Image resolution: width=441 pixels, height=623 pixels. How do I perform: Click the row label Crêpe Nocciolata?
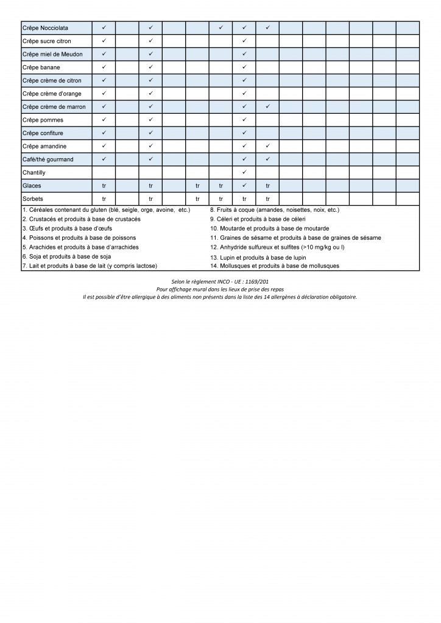[45, 28]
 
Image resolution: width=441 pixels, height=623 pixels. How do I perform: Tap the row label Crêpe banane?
[41, 68]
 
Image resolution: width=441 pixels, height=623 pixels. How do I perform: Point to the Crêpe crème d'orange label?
[52, 94]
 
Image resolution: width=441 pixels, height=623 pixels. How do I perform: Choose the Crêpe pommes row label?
[43, 120]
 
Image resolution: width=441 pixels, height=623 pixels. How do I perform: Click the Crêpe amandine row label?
[44, 147]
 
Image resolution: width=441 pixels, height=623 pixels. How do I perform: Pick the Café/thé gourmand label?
[48, 159]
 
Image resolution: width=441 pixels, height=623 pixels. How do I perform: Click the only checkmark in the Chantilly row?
[244, 173]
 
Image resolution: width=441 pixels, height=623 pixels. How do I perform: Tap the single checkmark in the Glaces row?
[244, 186]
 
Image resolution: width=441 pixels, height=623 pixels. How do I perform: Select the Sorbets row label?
[32, 199]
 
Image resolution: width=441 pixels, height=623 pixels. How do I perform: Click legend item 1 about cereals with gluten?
[106, 210]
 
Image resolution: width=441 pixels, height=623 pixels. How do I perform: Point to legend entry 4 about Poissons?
[79, 238]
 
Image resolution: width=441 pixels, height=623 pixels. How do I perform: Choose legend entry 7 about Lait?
[90, 266]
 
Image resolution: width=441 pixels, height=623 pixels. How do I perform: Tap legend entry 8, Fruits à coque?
[274, 210]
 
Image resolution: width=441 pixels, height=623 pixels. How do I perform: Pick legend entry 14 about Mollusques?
[275, 266]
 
